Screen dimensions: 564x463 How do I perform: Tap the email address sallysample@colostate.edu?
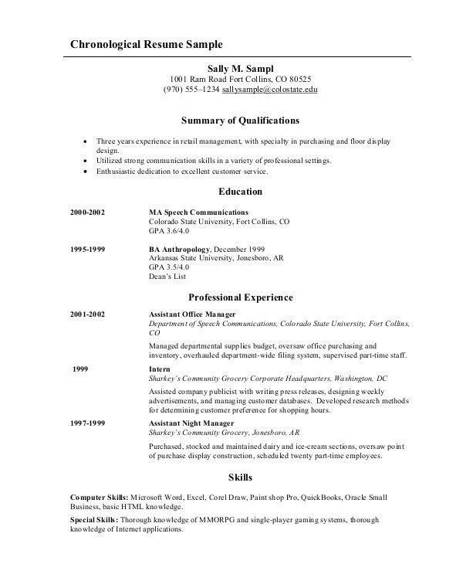tap(270, 90)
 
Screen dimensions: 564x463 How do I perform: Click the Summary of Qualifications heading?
tap(240, 121)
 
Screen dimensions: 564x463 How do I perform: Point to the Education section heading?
tap(241, 192)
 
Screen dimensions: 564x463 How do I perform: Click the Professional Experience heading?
tap(241, 297)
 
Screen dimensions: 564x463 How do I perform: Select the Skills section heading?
tap(241, 477)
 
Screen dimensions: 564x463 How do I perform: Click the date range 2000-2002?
tap(87, 212)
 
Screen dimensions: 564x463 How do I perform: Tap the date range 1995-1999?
tap(87, 250)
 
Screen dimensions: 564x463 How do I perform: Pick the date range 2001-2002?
tap(87, 314)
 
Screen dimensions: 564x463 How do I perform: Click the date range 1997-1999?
tap(87, 423)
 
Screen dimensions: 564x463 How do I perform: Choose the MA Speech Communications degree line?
tap(198, 212)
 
